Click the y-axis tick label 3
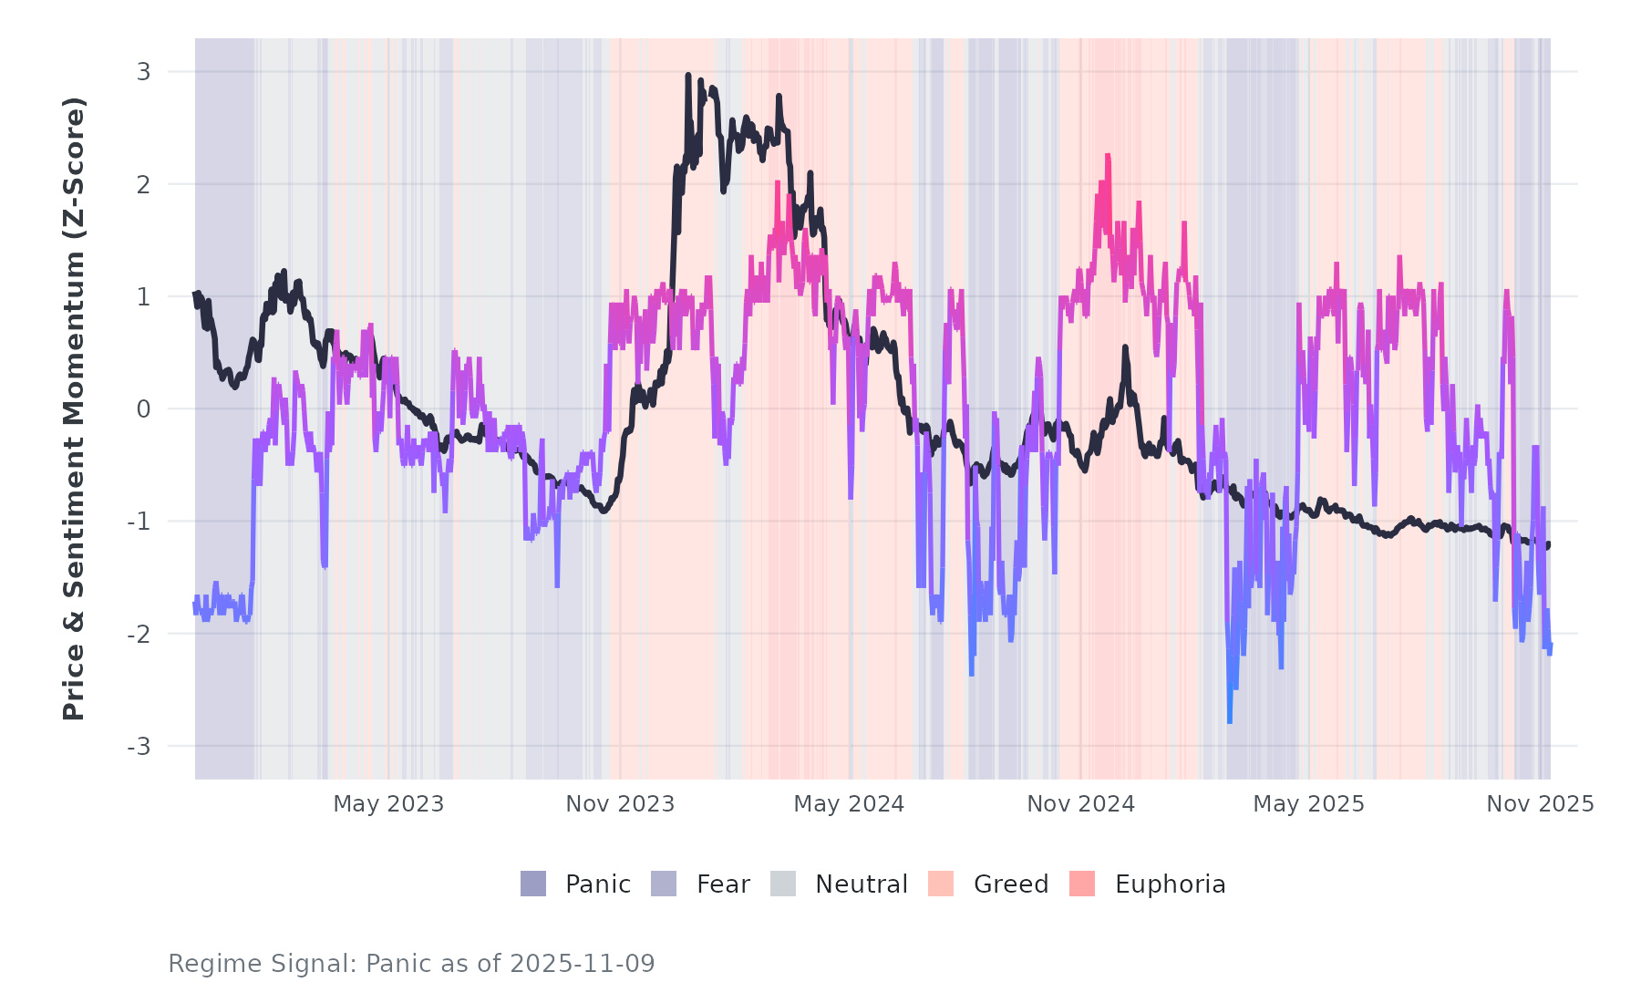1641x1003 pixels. [x=143, y=72]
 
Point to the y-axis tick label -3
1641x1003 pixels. [x=139, y=747]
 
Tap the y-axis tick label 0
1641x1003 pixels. [x=143, y=409]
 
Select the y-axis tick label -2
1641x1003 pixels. [x=139, y=634]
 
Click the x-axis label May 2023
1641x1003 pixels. [x=388, y=804]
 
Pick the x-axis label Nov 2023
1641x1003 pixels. [x=620, y=804]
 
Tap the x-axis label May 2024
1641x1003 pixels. [x=849, y=804]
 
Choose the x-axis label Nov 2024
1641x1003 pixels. [x=1080, y=804]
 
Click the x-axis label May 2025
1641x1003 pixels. [x=1308, y=804]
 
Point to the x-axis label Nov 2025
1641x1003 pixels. [x=1540, y=804]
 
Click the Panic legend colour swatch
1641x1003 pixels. [x=533, y=884]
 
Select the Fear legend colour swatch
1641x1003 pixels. [x=664, y=884]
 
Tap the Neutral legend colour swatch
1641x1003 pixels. [x=783, y=884]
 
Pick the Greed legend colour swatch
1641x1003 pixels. [x=941, y=884]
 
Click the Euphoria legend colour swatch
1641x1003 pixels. [x=1082, y=884]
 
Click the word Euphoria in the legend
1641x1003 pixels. [x=1170, y=884]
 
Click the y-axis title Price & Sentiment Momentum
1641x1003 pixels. [x=74, y=408]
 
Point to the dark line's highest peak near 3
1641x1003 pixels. [x=688, y=76]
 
